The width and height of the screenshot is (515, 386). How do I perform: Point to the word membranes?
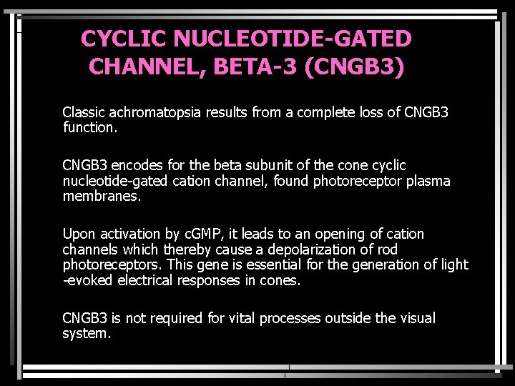(95, 197)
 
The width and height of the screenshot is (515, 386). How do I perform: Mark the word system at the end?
(86, 334)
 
